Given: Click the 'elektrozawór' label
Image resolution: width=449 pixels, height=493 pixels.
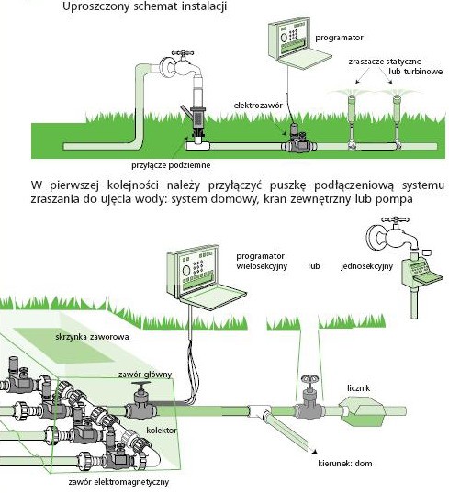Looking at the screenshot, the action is [x=258, y=106].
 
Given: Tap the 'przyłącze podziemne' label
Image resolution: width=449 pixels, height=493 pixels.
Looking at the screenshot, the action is [x=171, y=165].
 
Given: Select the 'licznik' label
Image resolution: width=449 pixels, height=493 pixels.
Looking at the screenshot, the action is [x=358, y=388].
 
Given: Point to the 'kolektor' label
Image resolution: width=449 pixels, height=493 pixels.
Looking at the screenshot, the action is [x=162, y=431].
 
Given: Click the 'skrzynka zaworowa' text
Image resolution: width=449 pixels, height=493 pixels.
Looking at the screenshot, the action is [x=92, y=337].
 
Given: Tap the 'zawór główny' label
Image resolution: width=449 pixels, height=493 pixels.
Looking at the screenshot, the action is [x=145, y=375].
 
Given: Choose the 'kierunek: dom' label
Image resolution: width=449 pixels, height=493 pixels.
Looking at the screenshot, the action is [x=345, y=464].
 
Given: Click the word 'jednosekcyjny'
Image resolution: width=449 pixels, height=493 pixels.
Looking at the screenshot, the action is [x=366, y=266].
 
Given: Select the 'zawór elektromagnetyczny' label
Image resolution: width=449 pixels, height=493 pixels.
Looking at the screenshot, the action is [x=118, y=482].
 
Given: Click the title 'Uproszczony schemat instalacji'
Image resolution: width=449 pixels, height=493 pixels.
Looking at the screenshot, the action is [x=145, y=6].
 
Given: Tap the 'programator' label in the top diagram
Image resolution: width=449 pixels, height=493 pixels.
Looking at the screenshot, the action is [x=339, y=38].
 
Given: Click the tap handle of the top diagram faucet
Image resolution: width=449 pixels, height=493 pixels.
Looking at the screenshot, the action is [x=183, y=54].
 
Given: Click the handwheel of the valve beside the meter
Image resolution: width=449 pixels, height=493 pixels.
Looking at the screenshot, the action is [x=310, y=378].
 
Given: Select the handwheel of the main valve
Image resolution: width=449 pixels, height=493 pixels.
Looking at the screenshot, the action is [x=140, y=384].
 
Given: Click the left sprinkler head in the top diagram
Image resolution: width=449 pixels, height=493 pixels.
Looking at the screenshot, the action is [x=352, y=99].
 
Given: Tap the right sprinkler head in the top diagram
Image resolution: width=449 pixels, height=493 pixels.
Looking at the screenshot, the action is [x=398, y=99].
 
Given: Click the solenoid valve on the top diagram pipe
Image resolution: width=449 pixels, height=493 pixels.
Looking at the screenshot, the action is [x=298, y=139].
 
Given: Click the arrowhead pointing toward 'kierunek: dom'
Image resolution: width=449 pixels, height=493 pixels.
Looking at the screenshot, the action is [x=314, y=452].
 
